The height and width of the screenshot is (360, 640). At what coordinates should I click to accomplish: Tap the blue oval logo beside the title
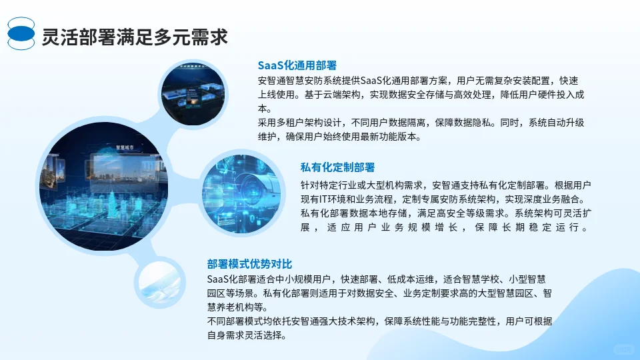[x=21, y=33]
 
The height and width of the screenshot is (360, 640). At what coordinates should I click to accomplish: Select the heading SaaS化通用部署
[x=297, y=65]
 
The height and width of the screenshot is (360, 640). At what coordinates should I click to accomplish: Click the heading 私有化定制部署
[x=337, y=167]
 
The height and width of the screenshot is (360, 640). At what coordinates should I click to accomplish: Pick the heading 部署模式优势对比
[x=249, y=263]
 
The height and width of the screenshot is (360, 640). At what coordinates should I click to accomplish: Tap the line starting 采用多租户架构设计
[x=421, y=123]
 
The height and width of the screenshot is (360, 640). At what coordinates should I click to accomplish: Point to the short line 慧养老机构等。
[x=237, y=307]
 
